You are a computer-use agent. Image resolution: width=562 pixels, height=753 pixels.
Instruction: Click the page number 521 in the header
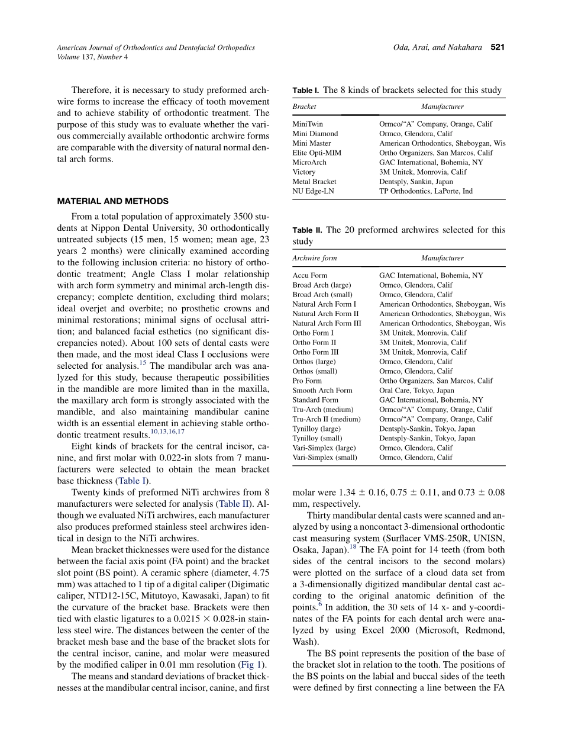[498, 47]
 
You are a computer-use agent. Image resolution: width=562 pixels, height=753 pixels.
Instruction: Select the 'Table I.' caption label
[306, 91]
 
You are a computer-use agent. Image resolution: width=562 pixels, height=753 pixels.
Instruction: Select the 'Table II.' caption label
[307, 230]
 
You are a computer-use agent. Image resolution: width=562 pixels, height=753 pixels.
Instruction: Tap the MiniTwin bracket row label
[308, 124]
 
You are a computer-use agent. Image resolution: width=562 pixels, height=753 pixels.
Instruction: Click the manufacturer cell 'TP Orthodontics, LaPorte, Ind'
[426, 191]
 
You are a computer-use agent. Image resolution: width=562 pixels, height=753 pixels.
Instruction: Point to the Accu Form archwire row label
[309, 275]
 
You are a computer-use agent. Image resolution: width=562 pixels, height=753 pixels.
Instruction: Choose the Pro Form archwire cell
[307, 381]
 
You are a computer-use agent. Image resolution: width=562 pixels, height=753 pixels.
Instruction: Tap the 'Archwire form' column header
[315, 258]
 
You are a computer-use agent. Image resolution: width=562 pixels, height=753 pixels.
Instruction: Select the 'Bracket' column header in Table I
[304, 107]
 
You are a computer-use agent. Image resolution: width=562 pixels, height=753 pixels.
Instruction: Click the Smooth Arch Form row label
[322, 390]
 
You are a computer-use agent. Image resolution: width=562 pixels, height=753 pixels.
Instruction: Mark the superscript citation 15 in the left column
[144, 362]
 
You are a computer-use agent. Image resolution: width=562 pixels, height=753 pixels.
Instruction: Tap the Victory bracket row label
[304, 172]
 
